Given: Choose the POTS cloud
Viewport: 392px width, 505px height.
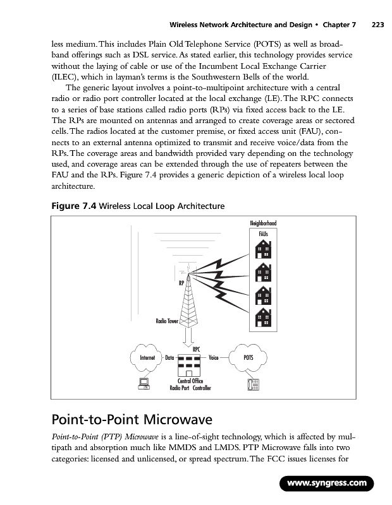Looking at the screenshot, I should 249,357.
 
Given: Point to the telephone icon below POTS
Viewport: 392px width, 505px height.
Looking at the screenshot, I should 254,384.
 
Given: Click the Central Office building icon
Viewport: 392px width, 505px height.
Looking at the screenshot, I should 190,364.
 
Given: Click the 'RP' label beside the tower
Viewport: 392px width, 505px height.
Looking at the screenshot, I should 181,283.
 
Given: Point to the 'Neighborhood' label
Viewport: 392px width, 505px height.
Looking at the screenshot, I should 264,223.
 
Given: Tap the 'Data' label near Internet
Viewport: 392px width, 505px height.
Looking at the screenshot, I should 169,358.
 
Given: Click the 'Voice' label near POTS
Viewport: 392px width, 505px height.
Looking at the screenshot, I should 213,358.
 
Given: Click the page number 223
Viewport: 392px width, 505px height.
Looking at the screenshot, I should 378,25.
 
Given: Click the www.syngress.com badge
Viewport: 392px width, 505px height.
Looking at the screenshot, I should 327,484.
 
